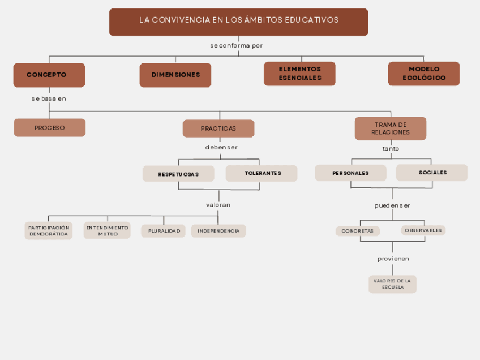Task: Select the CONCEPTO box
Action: [49, 75]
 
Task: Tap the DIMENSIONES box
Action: [175, 75]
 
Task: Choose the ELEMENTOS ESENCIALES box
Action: [299, 74]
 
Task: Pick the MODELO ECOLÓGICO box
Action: [424, 74]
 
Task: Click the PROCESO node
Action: [50, 128]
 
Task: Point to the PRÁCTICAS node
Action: [218, 128]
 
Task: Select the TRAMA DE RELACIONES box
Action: [391, 128]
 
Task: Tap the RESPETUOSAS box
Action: [178, 174]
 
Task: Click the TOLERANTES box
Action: [262, 173]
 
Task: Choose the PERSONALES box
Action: [351, 173]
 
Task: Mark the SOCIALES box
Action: [432, 173]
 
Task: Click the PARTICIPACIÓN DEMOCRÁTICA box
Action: [49, 230]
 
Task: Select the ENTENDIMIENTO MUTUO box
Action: [107, 230]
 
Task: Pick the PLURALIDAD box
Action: [164, 231]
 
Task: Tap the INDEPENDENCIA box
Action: [218, 231]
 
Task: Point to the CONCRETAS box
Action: [358, 231]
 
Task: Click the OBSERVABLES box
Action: [423, 230]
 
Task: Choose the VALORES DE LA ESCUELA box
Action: [392, 284]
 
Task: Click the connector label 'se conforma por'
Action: [237, 45]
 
